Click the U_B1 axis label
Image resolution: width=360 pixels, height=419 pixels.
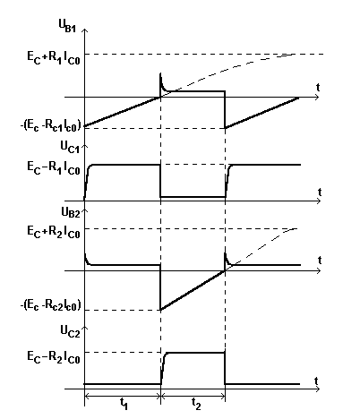point(67,26)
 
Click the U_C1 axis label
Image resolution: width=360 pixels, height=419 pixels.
point(71,147)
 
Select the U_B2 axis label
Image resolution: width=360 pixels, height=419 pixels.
point(71,212)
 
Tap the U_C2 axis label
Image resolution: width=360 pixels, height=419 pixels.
point(71,331)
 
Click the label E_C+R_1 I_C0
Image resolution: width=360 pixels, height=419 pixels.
point(54,57)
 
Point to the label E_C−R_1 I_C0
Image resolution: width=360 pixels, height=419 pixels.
point(54,167)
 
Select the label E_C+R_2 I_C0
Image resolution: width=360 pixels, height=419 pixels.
point(54,232)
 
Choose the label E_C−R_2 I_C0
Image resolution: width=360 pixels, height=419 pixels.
point(54,356)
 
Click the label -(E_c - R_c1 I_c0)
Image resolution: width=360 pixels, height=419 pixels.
point(51,126)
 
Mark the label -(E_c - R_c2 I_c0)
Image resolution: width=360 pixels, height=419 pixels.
point(51,305)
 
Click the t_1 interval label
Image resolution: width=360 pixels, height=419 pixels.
point(124,404)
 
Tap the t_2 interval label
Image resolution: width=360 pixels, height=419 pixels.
point(196,404)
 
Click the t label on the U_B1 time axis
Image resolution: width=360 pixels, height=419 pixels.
point(318,88)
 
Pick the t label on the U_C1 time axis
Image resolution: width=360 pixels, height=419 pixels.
point(320,192)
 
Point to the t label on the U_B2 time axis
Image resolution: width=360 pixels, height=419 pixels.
point(320,261)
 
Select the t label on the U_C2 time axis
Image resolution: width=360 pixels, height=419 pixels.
point(316,381)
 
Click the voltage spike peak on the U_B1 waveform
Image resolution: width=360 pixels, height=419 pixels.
point(160,73)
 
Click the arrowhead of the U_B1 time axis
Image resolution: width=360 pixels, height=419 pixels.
point(318,98)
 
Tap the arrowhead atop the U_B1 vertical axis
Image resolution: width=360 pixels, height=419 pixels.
point(85,30)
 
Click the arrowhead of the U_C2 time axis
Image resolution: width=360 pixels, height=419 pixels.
point(319,389)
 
